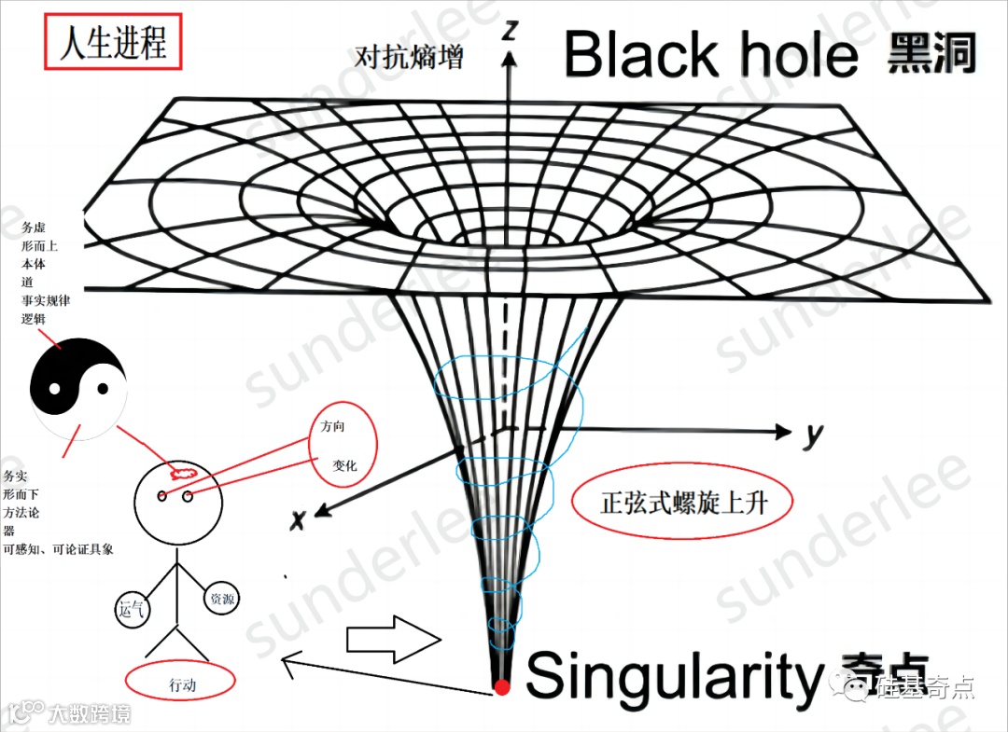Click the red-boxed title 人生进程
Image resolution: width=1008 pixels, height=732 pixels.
[x=113, y=44]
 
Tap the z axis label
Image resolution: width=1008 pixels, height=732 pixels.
[x=510, y=30]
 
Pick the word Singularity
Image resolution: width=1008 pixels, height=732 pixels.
[x=671, y=676]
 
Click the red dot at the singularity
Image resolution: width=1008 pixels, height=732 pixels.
[x=502, y=688]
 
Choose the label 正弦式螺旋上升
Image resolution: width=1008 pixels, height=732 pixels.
[x=683, y=504]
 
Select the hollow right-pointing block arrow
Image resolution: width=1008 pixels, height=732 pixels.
[x=391, y=640]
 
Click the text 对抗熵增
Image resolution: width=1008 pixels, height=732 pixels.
[x=410, y=57]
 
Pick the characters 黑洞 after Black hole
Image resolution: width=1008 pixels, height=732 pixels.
[x=931, y=54]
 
